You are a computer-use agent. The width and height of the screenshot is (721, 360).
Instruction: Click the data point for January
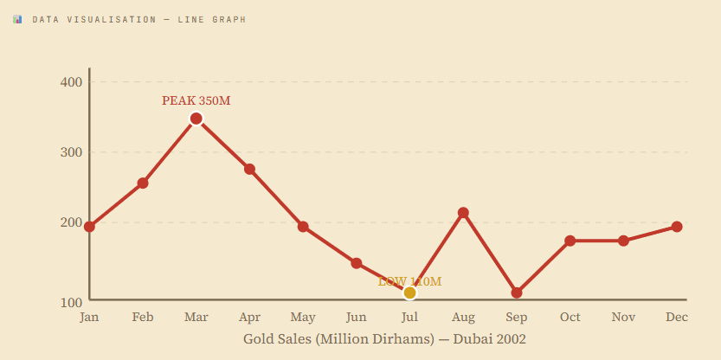89,227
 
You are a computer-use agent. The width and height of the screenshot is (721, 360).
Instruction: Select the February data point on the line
143,183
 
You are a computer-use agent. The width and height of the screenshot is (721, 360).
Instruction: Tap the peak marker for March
196,119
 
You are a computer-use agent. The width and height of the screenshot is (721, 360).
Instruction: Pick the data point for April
249,169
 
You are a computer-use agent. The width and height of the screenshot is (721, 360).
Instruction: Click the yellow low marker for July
410,292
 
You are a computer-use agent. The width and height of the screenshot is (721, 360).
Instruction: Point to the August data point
463,213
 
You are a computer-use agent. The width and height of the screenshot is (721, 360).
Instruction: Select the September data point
517,292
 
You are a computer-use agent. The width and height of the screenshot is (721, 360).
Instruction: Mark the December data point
677,227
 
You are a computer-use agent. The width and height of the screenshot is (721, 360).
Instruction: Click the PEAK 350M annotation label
196,101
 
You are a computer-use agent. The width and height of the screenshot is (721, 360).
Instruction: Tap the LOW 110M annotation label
410,281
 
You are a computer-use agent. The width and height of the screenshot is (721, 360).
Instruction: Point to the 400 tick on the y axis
71,82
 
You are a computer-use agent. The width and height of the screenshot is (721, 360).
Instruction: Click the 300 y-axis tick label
71,152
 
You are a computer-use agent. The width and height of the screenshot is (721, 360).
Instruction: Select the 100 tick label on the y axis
71,301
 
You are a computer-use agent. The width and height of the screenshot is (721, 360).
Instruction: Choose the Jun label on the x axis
356,317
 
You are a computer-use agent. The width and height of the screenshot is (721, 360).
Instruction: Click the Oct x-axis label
570,317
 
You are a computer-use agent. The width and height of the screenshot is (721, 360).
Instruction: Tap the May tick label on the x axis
303,317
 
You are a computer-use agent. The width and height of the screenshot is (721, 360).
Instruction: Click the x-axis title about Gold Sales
384,339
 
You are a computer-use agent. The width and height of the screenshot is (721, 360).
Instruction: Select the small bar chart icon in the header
17,19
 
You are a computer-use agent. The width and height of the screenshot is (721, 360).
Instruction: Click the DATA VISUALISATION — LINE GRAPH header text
138,19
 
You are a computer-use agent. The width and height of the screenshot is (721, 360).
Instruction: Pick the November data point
623,241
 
